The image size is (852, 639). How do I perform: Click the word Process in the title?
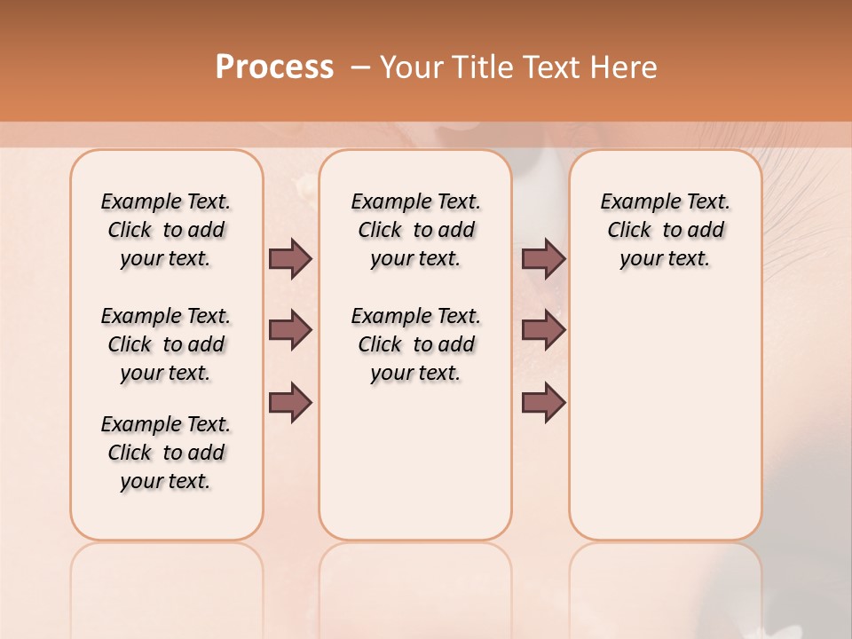[274, 67]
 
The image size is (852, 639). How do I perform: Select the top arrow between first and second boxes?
[290, 259]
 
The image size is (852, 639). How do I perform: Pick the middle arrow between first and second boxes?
[290, 331]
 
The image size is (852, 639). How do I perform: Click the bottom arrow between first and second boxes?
[290, 402]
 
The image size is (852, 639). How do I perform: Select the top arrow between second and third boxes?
[543, 259]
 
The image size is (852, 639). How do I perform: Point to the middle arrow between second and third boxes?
[543, 331]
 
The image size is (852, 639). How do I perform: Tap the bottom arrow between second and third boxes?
[543, 402]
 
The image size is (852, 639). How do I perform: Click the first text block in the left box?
[166, 230]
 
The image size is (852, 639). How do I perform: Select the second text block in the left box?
[166, 344]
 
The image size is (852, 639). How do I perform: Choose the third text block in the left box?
[166, 453]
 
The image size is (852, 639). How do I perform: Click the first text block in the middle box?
[415, 230]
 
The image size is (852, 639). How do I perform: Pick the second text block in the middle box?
[415, 344]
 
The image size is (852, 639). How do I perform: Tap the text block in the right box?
[665, 230]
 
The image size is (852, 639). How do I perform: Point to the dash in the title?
[360, 67]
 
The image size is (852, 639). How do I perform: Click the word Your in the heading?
[406, 67]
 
